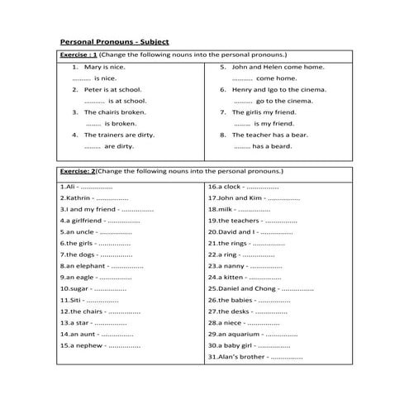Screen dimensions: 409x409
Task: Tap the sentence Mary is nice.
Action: (102, 65)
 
